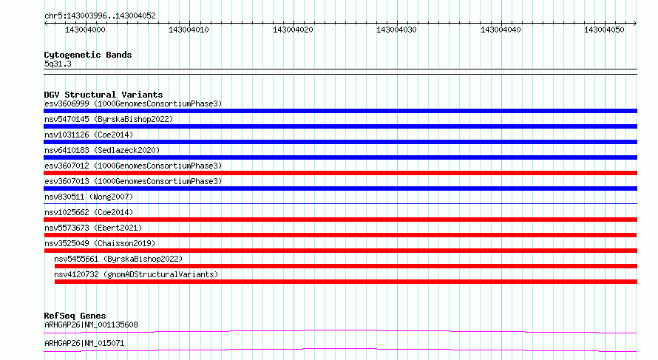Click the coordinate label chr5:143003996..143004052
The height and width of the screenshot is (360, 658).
pos(100,16)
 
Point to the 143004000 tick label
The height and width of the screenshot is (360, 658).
pos(85,30)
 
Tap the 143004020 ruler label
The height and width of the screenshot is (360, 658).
pos(293,30)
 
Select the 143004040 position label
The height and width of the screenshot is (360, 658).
pos(501,30)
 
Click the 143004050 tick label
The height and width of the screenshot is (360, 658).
pos(604,30)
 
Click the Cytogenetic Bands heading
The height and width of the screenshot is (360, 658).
pos(88,55)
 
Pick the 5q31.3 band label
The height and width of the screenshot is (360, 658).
pos(58,64)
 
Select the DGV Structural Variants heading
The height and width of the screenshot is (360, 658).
pos(104,95)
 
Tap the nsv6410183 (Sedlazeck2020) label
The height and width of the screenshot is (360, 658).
pos(102,150)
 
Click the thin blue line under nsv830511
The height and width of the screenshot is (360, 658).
pos(340,204)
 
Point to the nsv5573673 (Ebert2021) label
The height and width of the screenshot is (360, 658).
pos(93,228)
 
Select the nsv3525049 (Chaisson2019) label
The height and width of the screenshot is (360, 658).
pos(100,243)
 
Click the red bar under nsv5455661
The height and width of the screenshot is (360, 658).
pos(346,266)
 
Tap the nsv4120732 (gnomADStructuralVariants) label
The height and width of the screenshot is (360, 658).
pos(136,274)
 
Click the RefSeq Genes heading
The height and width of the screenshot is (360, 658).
pos(75,316)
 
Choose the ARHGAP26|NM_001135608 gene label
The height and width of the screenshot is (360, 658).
pos(91,325)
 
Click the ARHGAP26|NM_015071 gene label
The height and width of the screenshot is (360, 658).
pos(84,343)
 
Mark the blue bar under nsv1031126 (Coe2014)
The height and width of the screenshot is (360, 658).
pos(340,142)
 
